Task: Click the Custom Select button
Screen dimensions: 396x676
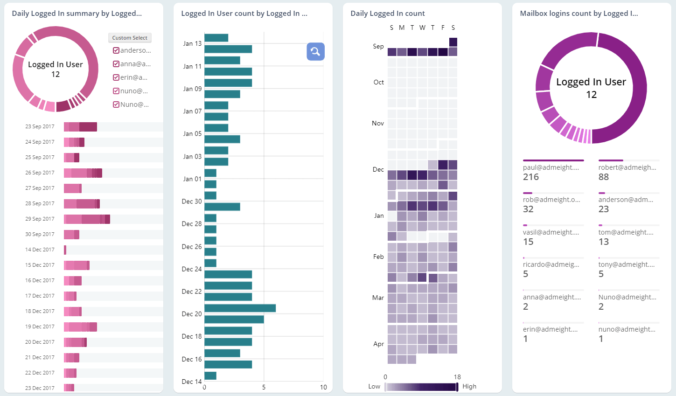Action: (130, 38)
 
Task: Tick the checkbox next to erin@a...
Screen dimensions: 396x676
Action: (116, 77)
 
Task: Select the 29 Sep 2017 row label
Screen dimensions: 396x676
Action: (40, 219)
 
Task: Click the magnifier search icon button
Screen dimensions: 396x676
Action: (315, 51)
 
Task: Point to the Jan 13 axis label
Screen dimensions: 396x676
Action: (192, 43)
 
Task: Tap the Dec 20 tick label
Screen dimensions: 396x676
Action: (192, 314)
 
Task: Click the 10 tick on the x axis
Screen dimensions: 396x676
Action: (323, 387)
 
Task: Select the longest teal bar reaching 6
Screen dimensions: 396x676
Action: (240, 308)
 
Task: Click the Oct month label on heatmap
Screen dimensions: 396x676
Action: (378, 82)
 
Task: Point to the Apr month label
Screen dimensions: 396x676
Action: (378, 344)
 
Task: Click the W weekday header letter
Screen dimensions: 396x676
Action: (422, 28)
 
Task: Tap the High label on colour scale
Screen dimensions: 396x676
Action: (469, 386)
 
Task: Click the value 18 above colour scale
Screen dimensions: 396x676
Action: (457, 377)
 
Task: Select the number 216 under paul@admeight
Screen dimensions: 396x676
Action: (531, 177)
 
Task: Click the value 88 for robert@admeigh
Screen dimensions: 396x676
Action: (604, 177)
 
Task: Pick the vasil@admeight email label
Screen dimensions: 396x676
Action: (551, 232)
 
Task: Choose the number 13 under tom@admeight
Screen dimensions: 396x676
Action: (604, 242)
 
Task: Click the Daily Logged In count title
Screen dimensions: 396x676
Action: (388, 14)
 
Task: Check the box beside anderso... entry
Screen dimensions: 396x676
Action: (116, 50)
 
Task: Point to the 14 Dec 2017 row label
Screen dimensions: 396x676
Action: (40, 250)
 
